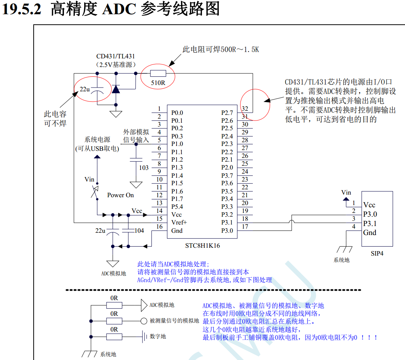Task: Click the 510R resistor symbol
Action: (x=158, y=73)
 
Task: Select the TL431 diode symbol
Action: (x=116, y=89)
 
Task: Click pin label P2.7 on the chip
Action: (x=227, y=113)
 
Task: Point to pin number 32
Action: (x=245, y=109)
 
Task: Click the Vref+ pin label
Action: (x=179, y=222)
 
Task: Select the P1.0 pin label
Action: (x=177, y=144)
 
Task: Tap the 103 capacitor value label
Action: (x=144, y=168)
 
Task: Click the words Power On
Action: (x=120, y=195)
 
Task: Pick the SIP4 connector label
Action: (x=377, y=253)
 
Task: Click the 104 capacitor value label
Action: (x=139, y=231)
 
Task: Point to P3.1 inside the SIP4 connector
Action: (x=370, y=224)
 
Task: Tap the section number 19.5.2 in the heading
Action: (x=22, y=9)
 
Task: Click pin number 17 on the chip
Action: (x=245, y=226)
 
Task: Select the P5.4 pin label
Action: (x=177, y=207)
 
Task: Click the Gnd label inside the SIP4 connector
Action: (x=369, y=232)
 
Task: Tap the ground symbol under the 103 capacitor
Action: (x=136, y=185)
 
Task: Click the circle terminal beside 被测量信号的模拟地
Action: (x=144, y=321)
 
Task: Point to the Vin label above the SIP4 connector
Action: (x=346, y=192)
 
